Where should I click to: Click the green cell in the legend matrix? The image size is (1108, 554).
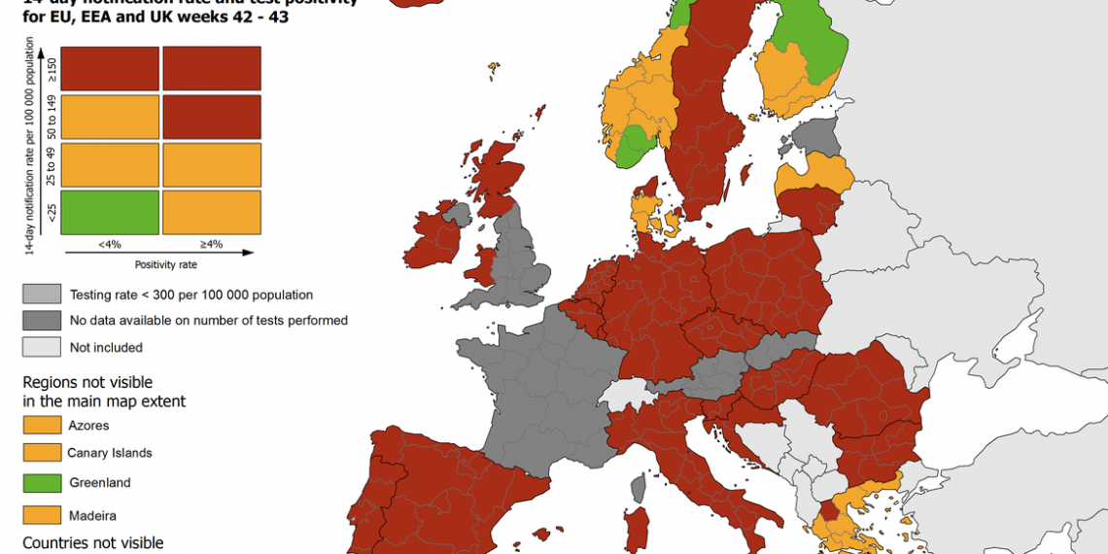click(110, 212)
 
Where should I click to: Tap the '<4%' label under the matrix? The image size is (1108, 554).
click(110, 244)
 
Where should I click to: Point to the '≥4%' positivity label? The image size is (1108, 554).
click(211, 244)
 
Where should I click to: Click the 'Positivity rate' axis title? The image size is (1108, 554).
click(165, 263)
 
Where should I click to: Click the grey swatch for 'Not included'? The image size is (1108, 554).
click(41, 347)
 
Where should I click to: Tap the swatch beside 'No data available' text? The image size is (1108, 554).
click(41, 320)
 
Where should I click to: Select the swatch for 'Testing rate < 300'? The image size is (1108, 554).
click(41, 294)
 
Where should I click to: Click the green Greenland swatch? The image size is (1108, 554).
click(41, 483)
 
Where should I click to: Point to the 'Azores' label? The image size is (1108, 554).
click(88, 426)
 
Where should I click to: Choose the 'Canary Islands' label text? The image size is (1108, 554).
click(109, 453)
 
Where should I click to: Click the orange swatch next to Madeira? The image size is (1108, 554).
click(41, 515)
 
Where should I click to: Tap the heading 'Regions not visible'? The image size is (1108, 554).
click(87, 383)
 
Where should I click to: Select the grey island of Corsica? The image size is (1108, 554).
click(639, 486)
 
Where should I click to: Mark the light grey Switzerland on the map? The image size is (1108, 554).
click(622, 394)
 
